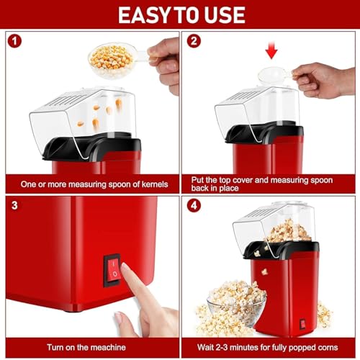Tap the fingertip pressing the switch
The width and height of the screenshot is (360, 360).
[128, 271]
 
